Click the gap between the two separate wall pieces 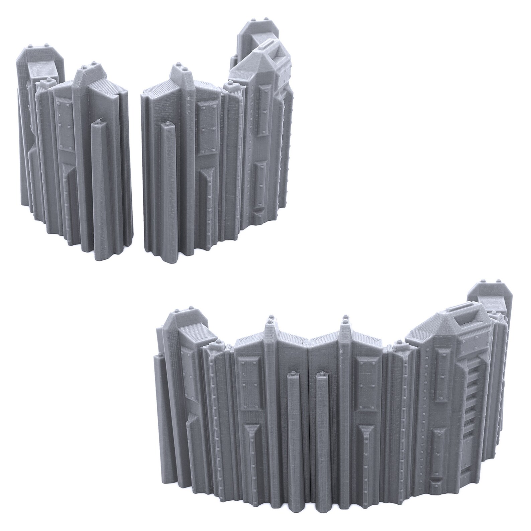point(137,167)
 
